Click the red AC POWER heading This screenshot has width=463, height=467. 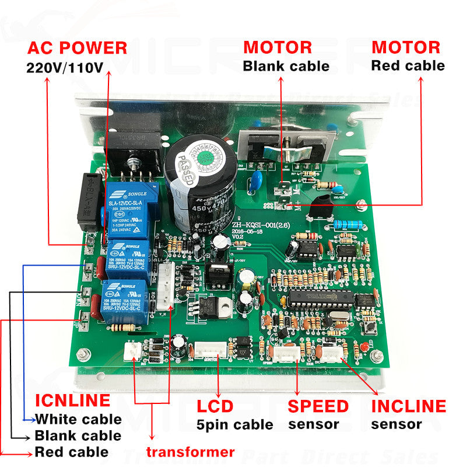pyautogui.click(x=77, y=48)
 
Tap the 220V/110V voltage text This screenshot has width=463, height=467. pyautogui.click(x=65, y=67)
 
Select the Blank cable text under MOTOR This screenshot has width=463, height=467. pyautogui.click(x=286, y=66)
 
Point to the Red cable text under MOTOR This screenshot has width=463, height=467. pyautogui.click(x=408, y=65)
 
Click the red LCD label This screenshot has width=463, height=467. pyautogui.click(x=215, y=406)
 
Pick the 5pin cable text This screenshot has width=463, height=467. pyautogui.click(x=234, y=424)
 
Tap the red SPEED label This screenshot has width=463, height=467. pyautogui.click(x=318, y=406)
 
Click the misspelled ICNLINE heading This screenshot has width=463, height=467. pyautogui.click(x=72, y=400)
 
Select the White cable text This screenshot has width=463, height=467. pyautogui.click(x=78, y=419)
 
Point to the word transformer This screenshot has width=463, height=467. pyautogui.click(x=190, y=451)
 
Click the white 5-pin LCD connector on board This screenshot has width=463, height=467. pyautogui.click(x=210, y=350)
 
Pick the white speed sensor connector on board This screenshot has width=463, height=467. pyautogui.click(x=287, y=354)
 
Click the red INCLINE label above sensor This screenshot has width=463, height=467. pyautogui.click(x=408, y=406)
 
